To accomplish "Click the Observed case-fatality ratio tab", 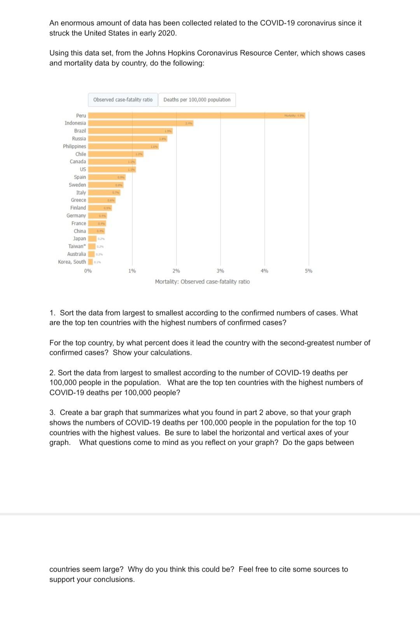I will coord(123,100).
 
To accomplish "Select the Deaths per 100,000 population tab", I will coord(197,100).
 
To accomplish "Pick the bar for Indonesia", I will coord(140,123).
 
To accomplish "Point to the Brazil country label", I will coord(80,131).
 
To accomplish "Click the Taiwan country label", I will coord(77,246).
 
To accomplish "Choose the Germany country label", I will coord(76,216).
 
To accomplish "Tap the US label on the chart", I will coord(83,169).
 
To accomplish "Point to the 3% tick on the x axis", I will coord(220,271).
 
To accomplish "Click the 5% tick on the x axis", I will coord(308,271).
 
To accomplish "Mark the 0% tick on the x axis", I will coord(88,271).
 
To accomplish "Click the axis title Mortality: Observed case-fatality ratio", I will coord(202,282).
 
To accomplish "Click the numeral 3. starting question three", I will coord(52,412).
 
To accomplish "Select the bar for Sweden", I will coord(105,185).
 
